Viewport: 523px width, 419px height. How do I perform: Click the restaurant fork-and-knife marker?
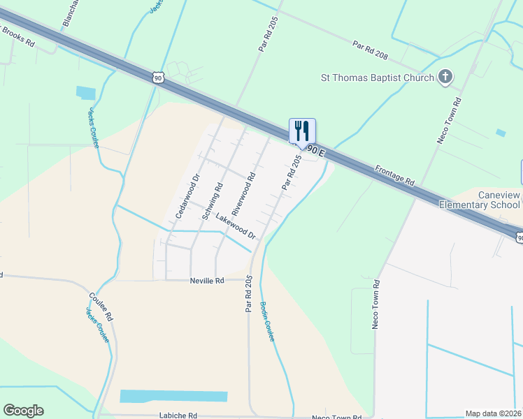[x=302, y=131]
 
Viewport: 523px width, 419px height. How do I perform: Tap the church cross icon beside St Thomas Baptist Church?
[x=445, y=77]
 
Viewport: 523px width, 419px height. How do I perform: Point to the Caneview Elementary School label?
[x=480, y=200]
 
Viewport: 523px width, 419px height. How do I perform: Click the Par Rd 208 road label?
[x=371, y=50]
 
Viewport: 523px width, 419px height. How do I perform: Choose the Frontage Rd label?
[x=395, y=175]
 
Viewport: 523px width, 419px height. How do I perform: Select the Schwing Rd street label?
[x=213, y=202]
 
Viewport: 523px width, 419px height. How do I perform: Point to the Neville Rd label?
[x=206, y=281]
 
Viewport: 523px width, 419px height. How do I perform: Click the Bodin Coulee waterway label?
[x=267, y=321]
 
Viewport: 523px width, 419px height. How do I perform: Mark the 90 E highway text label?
[x=317, y=149]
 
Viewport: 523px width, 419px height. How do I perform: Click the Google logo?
[x=23, y=411]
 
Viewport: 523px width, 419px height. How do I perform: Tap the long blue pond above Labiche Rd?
[x=174, y=396]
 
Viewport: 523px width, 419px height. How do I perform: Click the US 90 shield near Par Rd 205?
[x=159, y=77]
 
